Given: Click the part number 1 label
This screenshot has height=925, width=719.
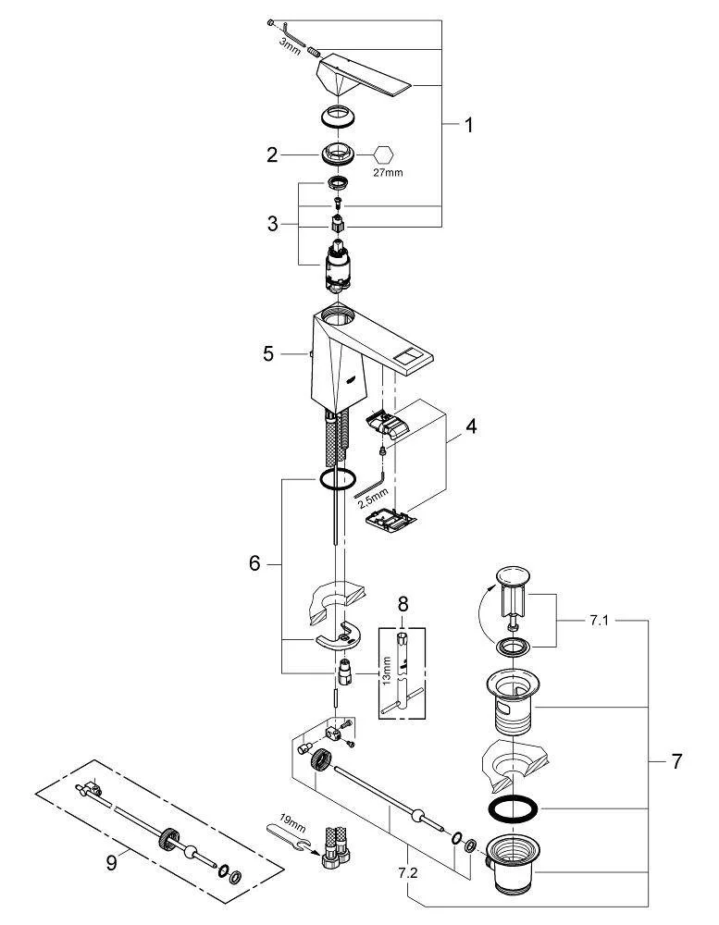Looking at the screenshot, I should (468, 125).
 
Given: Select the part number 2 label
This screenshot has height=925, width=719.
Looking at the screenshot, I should (272, 155).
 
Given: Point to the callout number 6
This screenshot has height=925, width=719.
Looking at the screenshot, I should (255, 564).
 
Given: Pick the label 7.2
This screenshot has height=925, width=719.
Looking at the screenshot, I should (406, 872).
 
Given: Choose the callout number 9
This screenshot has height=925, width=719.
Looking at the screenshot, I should (111, 861).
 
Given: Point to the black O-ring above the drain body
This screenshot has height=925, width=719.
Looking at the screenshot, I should (511, 808).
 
